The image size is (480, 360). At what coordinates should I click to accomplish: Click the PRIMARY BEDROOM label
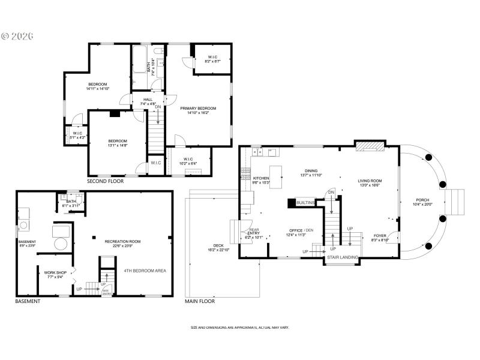198,109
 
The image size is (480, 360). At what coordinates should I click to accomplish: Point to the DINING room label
311,171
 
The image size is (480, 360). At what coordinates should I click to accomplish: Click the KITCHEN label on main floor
261,178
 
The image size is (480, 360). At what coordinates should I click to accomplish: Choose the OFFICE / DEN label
301,230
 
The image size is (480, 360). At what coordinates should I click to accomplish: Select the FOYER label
380,236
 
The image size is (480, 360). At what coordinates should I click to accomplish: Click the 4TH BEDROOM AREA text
145,271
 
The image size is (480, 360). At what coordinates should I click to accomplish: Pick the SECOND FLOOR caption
106,181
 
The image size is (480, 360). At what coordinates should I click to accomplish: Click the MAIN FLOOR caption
200,301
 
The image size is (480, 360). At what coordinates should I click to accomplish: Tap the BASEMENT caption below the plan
28,301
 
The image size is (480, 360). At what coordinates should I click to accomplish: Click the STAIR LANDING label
343,257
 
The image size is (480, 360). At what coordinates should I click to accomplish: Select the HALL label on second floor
148,100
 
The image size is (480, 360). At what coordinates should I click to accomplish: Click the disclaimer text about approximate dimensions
240,328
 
